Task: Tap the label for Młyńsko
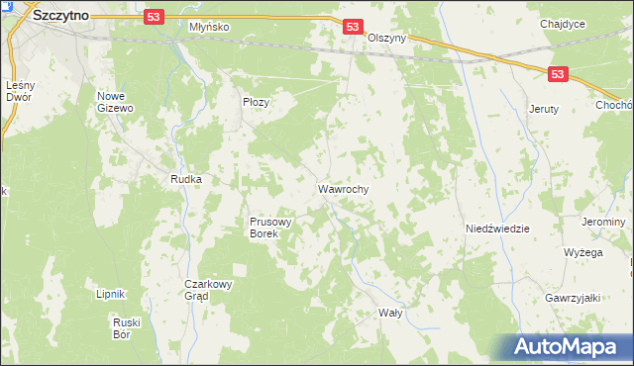point(209,27)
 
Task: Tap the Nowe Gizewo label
point(115,103)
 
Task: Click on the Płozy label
point(257,102)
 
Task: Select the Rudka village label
point(186,179)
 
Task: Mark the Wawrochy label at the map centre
point(344,187)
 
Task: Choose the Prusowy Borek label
point(269,229)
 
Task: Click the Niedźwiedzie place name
point(497,229)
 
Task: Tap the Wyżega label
point(583,252)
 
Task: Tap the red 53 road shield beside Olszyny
point(353,28)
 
